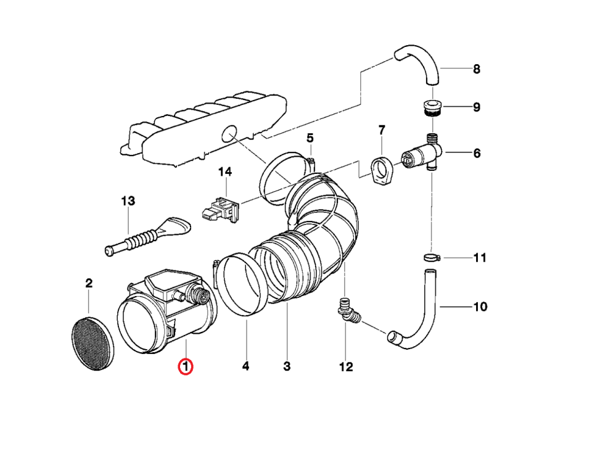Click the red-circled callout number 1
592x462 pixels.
(x=186, y=367)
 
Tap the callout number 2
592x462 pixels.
(x=89, y=284)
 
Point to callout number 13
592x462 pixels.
(x=128, y=201)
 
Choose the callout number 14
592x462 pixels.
(x=225, y=171)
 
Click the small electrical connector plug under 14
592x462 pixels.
(x=218, y=209)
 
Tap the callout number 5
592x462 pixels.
(x=310, y=138)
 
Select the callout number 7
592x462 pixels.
(x=382, y=130)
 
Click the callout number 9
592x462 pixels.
(x=476, y=107)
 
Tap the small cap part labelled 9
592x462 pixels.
(x=431, y=108)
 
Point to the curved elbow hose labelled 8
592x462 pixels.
(x=419, y=63)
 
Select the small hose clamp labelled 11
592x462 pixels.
(x=431, y=257)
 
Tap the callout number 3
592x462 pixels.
(x=287, y=367)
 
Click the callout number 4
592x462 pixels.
(x=245, y=367)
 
